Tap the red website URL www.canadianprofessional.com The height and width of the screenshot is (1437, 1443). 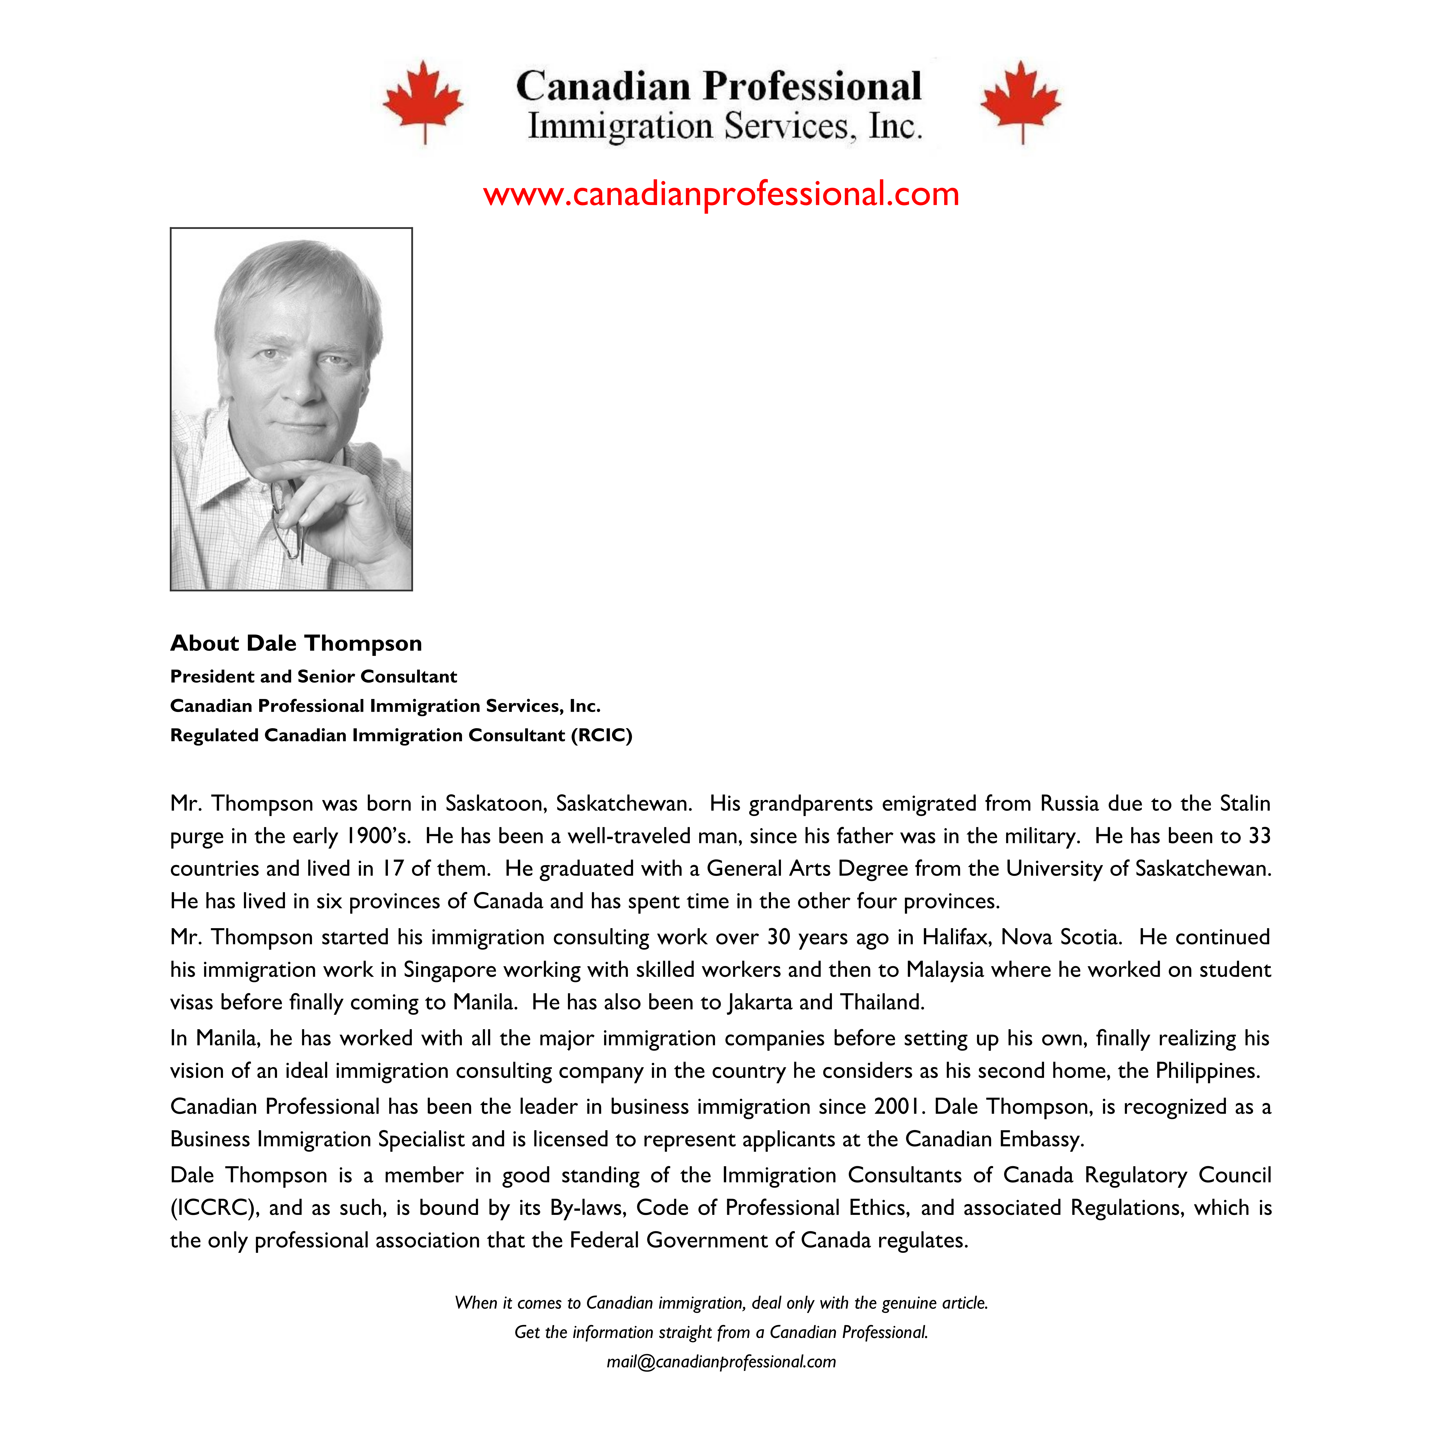click(721, 194)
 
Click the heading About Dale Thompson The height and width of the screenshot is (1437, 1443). click(296, 643)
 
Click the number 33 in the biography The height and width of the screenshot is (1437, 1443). click(1259, 836)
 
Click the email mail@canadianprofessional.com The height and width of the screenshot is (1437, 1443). click(721, 1361)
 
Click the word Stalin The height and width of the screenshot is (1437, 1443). click(1245, 804)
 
